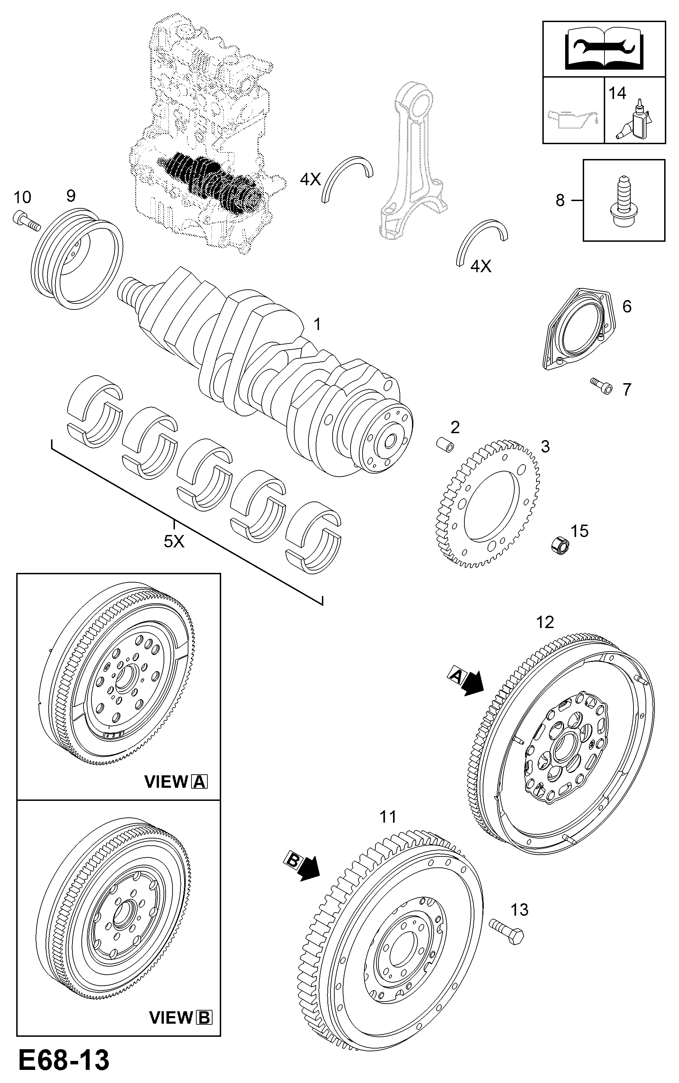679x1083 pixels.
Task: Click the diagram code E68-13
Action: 64,1061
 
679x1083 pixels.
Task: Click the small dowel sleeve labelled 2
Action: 445,444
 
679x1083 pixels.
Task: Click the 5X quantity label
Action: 174,542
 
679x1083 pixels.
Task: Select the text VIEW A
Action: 176,782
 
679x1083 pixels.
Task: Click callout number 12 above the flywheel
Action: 545,623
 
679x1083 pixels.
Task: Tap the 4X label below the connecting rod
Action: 481,267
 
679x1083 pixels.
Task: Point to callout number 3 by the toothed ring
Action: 545,447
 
